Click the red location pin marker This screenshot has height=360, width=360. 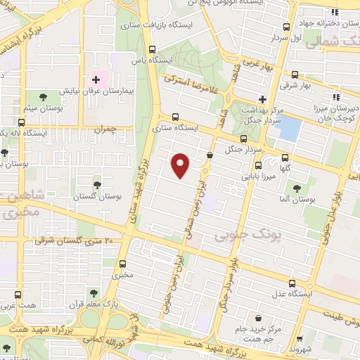click(x=181, y=165)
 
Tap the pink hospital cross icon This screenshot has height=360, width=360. click(x=96, y=80)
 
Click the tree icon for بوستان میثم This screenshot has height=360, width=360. click(x=44, y=96)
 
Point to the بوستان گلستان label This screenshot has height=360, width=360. click(x=94, y=195)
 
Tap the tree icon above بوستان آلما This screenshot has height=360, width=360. click(x=296, y=188)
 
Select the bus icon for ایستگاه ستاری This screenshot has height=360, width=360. click(x=175, y=117)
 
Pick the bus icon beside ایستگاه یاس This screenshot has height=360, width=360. click(x=153, y=49)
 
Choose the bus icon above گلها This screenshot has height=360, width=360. click(x=285, y=158)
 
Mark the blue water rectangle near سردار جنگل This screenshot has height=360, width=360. click(x=290, y=129)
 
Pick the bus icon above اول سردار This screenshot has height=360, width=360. click(x=285, y=27)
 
